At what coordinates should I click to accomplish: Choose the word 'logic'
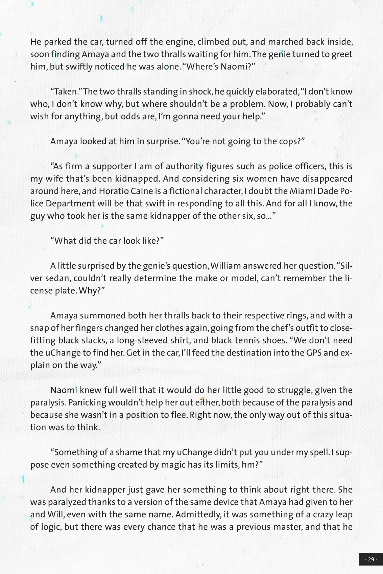(x=49, y=527)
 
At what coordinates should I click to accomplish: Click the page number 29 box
(x=370, y=559)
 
